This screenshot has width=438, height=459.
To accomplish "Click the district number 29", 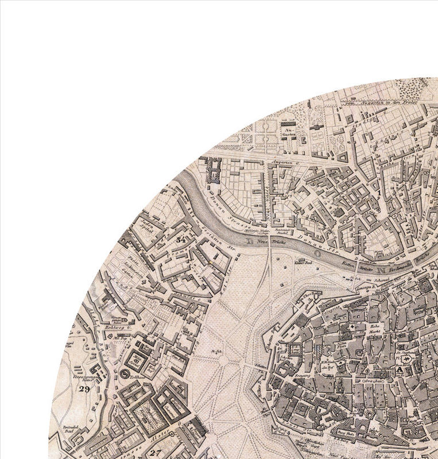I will [x=85, y=389].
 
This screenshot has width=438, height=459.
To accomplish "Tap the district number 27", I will [x=156, y=452].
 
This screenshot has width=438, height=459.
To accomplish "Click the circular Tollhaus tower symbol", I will [x=125, y=374].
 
